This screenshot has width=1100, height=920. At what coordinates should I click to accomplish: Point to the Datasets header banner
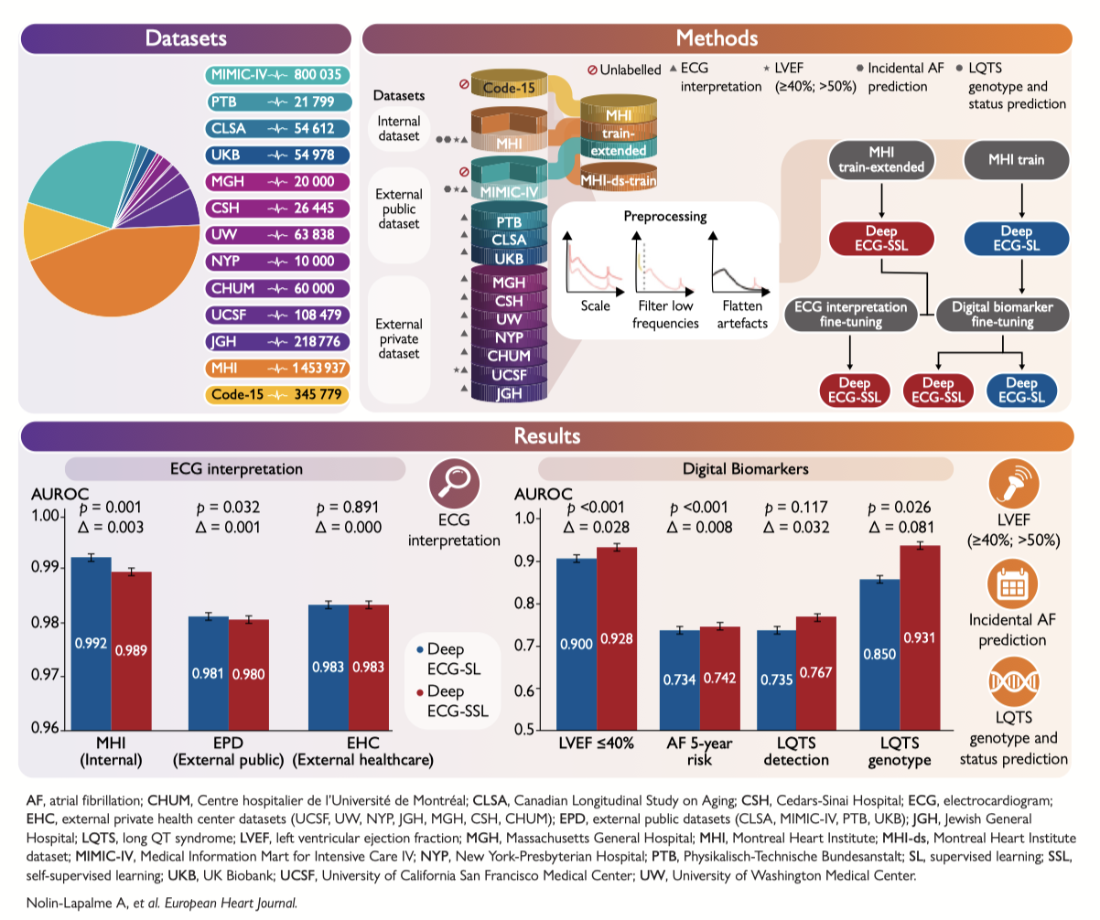pyautogui.click(x=186, y=38)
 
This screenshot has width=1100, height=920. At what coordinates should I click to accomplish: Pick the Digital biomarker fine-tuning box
pyautogui.click(x=999, y=315)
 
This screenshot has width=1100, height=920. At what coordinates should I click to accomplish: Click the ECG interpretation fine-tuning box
pyautogui.click(x=852, y=315)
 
